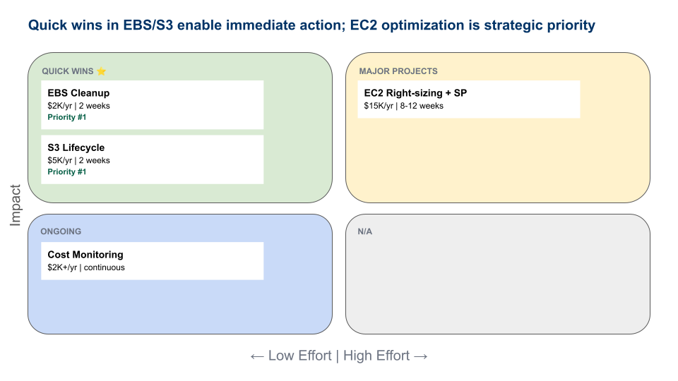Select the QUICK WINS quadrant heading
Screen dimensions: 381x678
click(67, 71)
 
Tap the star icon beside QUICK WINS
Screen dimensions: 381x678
click(101, 71)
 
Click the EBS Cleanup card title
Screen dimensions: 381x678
click(78, 93)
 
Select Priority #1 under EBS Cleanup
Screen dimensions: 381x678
click(66, 117)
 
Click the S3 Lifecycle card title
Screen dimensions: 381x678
click(76, 147)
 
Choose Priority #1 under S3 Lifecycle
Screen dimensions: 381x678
click(66, 171)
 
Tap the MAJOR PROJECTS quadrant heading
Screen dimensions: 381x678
click(398, 71)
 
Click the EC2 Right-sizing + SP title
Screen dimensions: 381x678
click(415, 93)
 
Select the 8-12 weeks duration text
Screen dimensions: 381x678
click(422, 106)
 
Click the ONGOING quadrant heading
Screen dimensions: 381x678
click(61, 231)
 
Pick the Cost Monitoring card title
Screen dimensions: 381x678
click(85, 255)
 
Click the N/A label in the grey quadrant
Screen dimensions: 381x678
click(365, 231)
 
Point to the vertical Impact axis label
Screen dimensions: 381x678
click(16, 205)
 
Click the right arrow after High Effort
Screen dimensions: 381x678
click(421, 356)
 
